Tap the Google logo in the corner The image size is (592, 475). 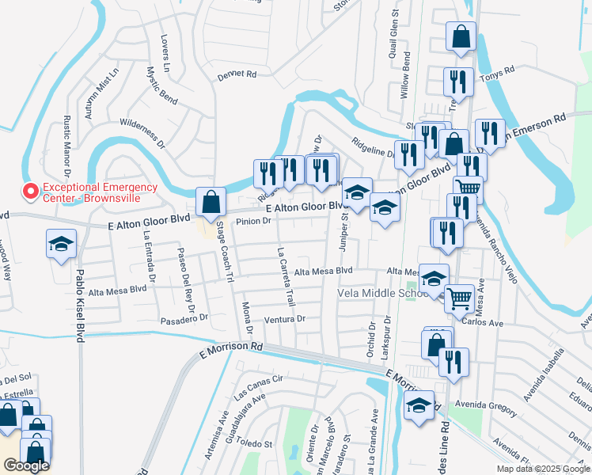click(25, 465)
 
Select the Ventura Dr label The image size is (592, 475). click(285, 319)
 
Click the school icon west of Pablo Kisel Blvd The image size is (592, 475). click(60, 245)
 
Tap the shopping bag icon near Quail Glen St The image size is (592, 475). click(460, 36)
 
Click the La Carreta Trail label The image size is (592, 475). click(287, 275)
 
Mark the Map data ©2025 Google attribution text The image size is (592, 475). click(542, 469)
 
